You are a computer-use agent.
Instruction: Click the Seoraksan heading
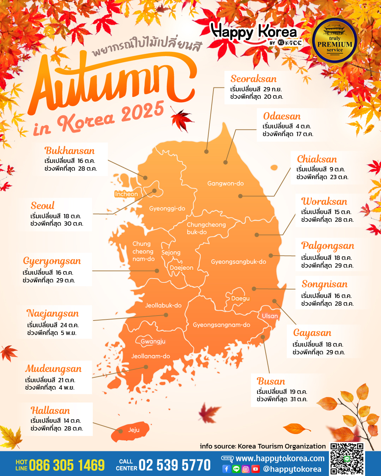tap(253, 79)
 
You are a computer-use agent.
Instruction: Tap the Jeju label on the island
tap(134, 430)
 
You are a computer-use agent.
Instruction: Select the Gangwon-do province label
tap(225, 183)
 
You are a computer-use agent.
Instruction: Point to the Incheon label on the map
tap(126, 194)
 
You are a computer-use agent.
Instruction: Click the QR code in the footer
tap(347, 459)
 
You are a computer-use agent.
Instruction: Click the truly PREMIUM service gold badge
tap(334, 42)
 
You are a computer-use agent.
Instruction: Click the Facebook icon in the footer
tap(226, 469)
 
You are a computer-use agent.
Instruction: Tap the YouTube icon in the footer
tap(255, 469)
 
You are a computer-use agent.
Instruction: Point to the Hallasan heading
tap(50, 410)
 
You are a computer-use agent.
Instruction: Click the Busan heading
tap(271, 381)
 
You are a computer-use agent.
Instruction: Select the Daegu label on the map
tap(240, 298)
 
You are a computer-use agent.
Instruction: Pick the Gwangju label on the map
tap(153, 341)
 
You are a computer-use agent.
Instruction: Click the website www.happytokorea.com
tap(280, 458)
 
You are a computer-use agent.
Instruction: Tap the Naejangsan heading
tap(53, 313)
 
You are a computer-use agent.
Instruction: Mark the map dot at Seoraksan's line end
tap(206, 152)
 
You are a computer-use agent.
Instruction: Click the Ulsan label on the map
tap(270, 316)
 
